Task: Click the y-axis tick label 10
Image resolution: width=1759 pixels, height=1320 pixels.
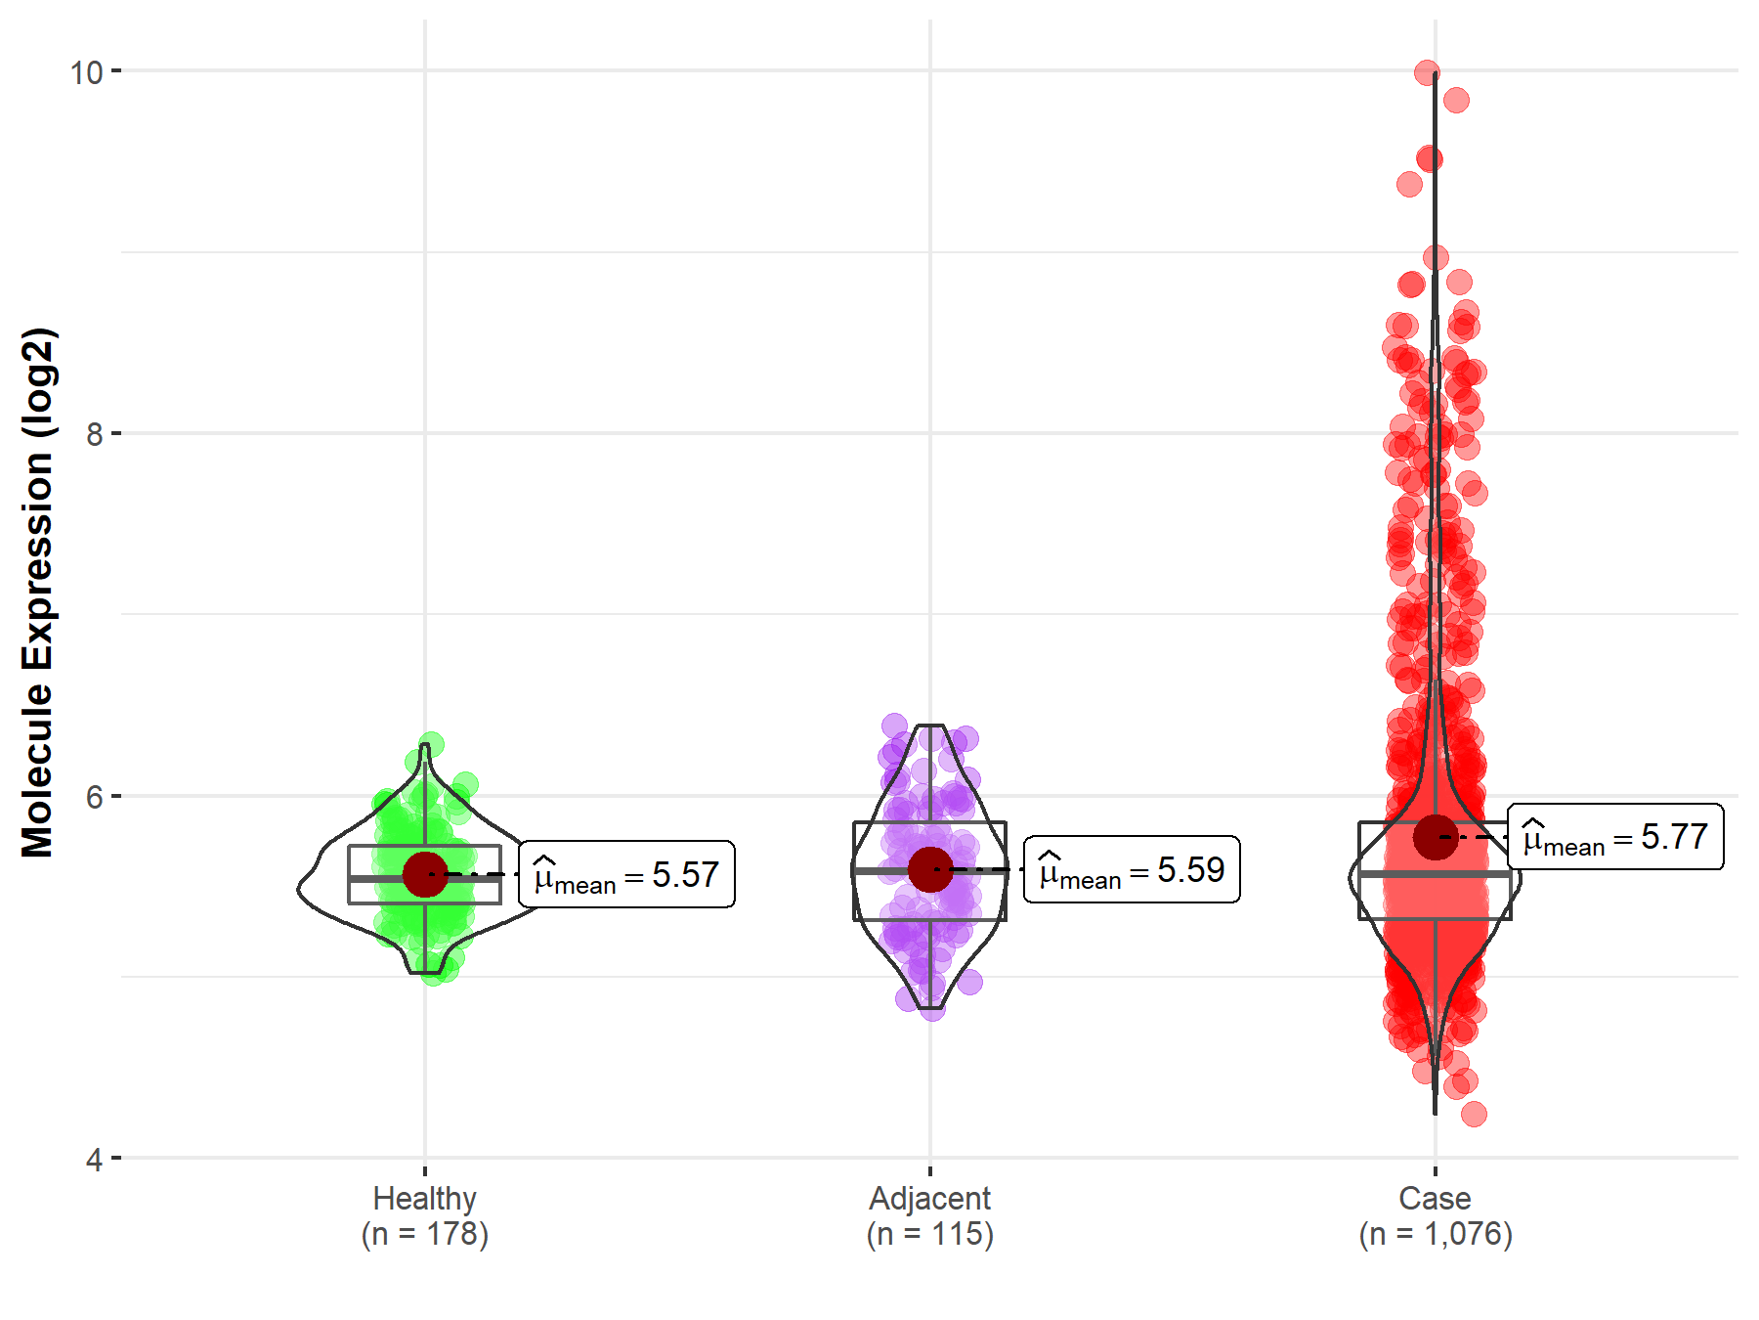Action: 86,72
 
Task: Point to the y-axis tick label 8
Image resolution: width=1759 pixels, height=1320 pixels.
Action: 94,434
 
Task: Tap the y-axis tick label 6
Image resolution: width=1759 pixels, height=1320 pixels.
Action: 94,797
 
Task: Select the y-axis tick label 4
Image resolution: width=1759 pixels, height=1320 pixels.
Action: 94,1160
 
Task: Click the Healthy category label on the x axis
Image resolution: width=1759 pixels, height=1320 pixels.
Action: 425,1198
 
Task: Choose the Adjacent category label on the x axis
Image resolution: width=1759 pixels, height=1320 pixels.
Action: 929,1198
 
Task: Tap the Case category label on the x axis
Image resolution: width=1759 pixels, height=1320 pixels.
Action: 1435,1198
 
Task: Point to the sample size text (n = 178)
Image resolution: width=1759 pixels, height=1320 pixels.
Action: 425,1234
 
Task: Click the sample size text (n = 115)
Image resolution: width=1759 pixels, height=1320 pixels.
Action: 929,1234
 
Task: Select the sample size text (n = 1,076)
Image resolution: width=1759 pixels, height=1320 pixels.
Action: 1435,1234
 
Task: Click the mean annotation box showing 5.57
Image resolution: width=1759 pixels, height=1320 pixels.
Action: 626,874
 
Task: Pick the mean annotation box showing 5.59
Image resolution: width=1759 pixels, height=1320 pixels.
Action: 1132,869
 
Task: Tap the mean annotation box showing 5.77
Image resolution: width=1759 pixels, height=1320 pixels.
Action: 1615,836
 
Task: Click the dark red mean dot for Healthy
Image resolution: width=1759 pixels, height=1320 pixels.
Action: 425,873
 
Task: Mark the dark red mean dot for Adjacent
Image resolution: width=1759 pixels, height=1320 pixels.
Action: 930,869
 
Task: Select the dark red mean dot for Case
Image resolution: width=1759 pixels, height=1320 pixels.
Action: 1435,837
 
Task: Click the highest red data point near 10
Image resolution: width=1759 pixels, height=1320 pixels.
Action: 1427,71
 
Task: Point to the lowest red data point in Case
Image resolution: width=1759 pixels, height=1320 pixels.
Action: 1474,1114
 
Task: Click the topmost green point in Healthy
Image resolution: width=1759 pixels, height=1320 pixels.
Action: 431,745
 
